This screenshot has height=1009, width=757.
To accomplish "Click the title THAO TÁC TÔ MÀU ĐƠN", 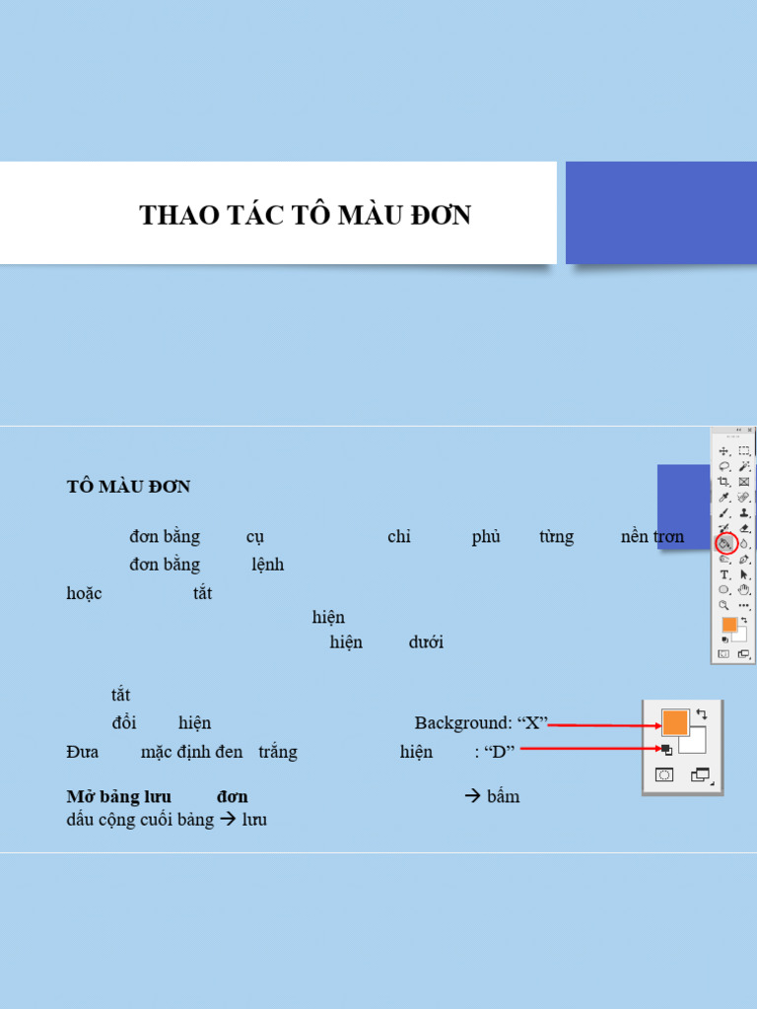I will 305,215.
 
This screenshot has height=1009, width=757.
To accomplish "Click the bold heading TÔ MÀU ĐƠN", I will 128,487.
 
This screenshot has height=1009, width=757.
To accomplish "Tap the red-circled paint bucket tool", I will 725,543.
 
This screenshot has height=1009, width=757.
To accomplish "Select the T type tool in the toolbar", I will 724,574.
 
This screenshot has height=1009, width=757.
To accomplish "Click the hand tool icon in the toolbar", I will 744,589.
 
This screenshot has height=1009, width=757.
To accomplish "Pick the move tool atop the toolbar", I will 724,450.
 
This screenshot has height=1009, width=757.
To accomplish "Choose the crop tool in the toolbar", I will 724,482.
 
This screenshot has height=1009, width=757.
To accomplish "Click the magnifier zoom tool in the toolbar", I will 724,605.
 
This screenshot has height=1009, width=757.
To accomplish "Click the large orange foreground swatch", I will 674,722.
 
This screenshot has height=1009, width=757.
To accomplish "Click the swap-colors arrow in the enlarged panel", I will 701,713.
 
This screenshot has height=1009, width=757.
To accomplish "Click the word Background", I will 462,723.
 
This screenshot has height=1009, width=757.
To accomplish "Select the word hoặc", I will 84,593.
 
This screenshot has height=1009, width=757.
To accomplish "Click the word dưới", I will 426,642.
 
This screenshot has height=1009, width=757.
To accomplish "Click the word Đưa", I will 83,752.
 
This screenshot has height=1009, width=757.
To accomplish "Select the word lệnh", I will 267,565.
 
